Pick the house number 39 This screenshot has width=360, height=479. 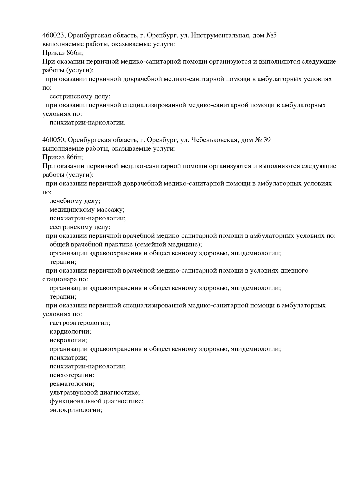[x=267, y=140]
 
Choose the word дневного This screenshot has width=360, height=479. [x=294, y=271]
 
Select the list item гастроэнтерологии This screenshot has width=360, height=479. [x=80, y=323]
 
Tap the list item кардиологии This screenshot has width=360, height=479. [x=70, y=332]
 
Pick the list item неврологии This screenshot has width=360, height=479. [x=68, y=340]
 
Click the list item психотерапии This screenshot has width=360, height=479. [x=72, y=375]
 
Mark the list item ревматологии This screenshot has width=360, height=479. [x=72, y=384]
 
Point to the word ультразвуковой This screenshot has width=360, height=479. [x=73, y=392]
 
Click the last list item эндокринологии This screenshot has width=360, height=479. [x=76, y=410]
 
